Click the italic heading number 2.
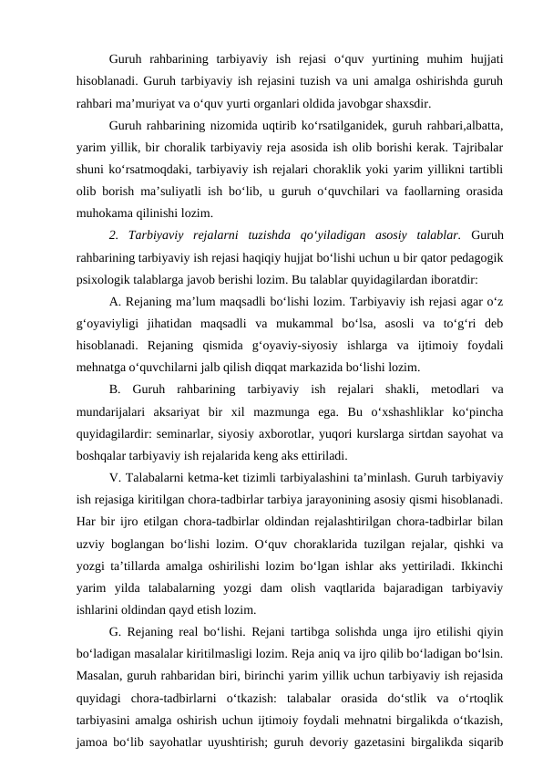coord(112,234)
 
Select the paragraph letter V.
coord(112,475)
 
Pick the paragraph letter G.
coord(112,628)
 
